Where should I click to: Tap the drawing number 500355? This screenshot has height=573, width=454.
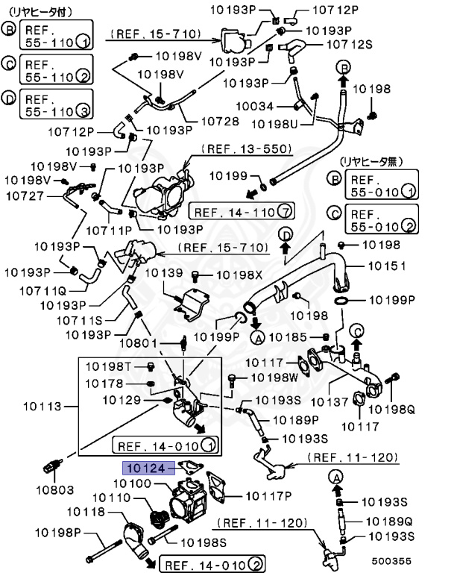(412, 560)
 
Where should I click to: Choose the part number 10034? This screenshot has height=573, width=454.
(256, 106)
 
